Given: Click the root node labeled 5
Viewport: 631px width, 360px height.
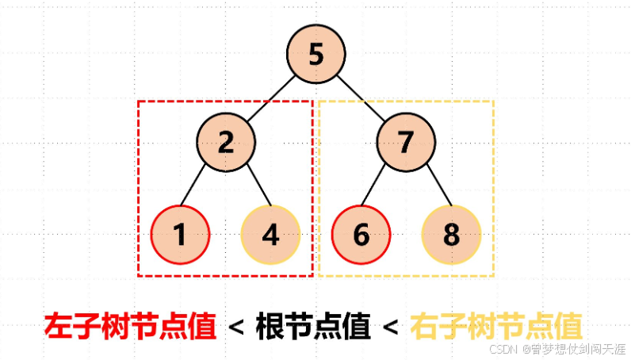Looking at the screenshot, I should (316, 55).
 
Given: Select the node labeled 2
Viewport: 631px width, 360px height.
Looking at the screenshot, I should (226, 143).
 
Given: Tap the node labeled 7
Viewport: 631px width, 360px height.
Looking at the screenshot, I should (406, 143).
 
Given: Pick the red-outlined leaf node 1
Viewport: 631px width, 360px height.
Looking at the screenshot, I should (180, 235).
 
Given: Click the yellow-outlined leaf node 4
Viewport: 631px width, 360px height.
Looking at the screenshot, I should (270, 235).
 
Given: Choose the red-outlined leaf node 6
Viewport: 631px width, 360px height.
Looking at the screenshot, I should (361, 235).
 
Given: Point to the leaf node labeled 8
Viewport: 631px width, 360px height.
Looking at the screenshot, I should (451, 235).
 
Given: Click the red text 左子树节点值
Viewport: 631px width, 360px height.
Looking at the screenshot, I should (130, 326).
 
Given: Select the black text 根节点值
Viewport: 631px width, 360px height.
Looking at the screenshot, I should (313, 326).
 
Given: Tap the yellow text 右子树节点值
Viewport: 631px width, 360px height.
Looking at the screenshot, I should (496, 326).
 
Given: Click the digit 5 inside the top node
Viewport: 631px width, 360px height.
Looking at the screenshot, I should (316, 55).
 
